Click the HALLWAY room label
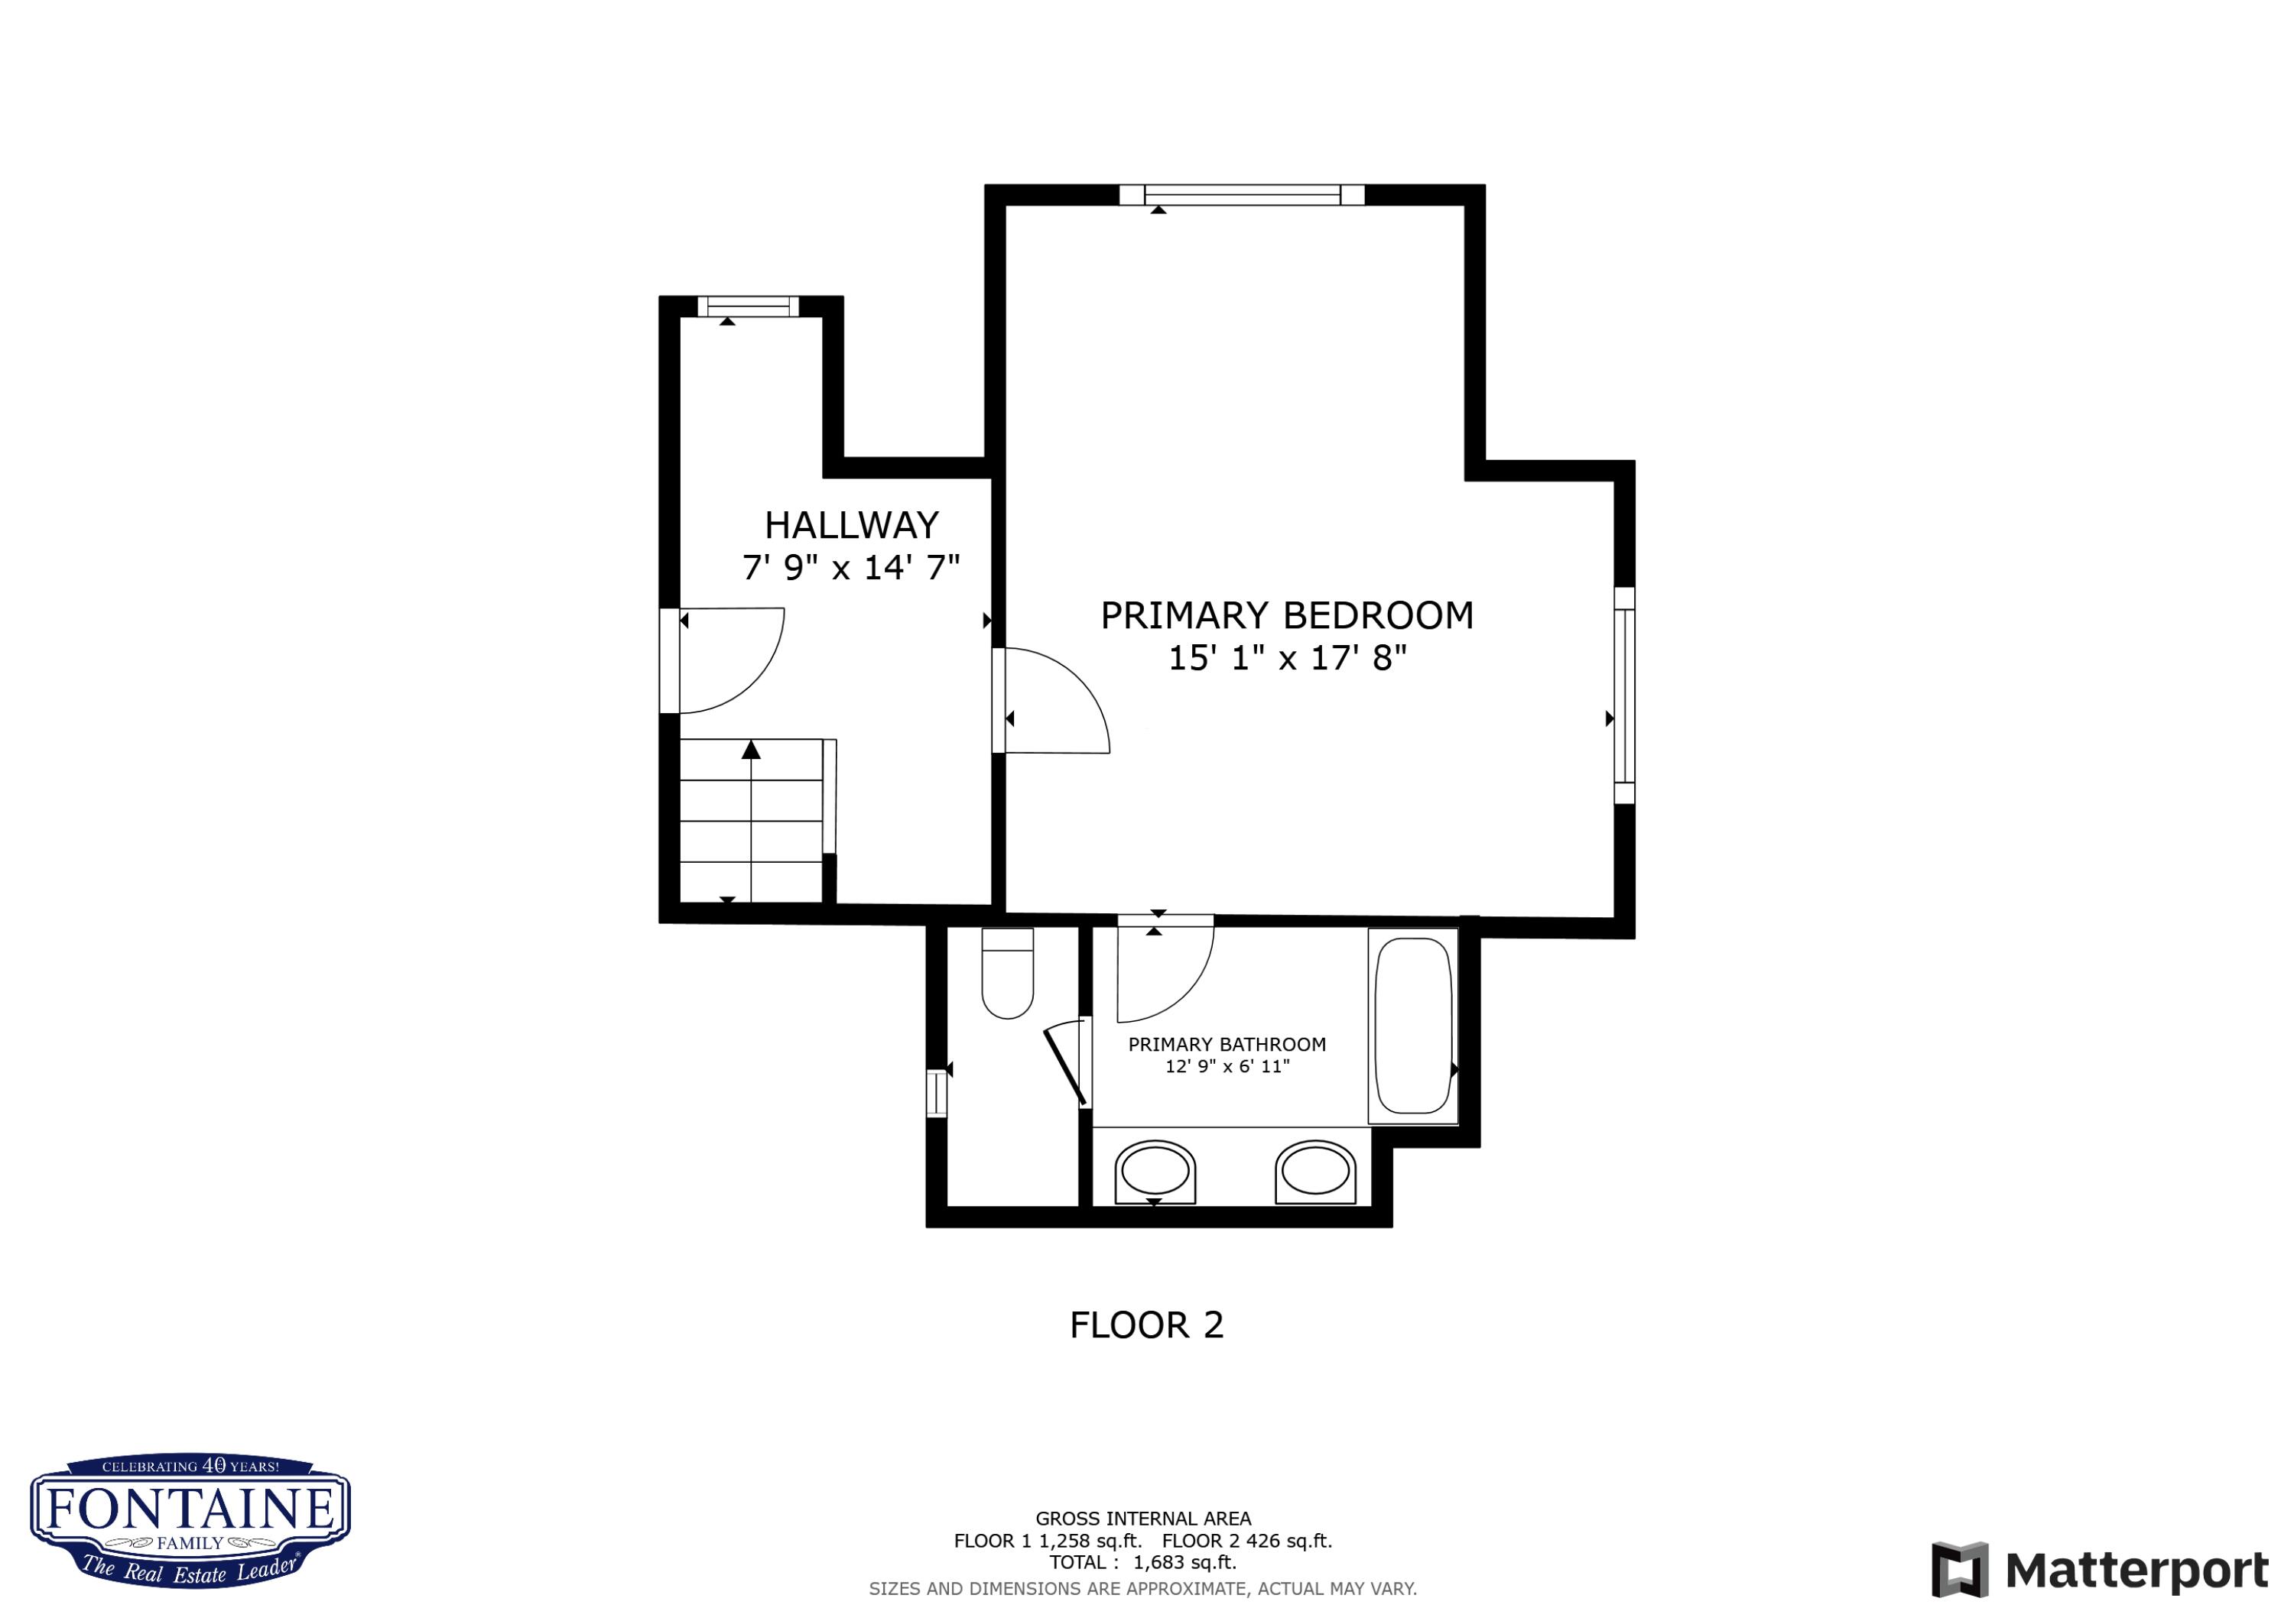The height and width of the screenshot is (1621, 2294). click(851, 525)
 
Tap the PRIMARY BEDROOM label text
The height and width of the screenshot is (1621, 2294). click(1286, 615)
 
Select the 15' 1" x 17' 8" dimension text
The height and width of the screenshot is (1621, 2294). click(1287, 658)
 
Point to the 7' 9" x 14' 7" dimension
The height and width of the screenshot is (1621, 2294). click(850, 567)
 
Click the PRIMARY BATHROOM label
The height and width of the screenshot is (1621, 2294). click(1227, 1045)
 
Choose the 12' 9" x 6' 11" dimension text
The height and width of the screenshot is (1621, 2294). click(1227, 1067)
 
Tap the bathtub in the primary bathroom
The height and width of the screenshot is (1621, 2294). click(1413, 1026)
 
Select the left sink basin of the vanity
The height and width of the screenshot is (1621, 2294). click(1155, 1171)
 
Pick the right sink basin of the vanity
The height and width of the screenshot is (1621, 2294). click(1315, 1171)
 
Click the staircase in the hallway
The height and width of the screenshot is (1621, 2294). click(752, 820)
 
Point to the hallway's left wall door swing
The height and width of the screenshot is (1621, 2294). click(724, 660)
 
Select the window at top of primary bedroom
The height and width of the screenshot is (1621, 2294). click(1242, 195)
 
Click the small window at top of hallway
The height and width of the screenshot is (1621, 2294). click(747, 306)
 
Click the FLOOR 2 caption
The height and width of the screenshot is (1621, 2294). click(1146, 1325)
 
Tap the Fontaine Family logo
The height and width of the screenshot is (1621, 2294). click(190, 1519)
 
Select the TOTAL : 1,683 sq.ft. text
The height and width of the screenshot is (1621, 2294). click(1143, 1562)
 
